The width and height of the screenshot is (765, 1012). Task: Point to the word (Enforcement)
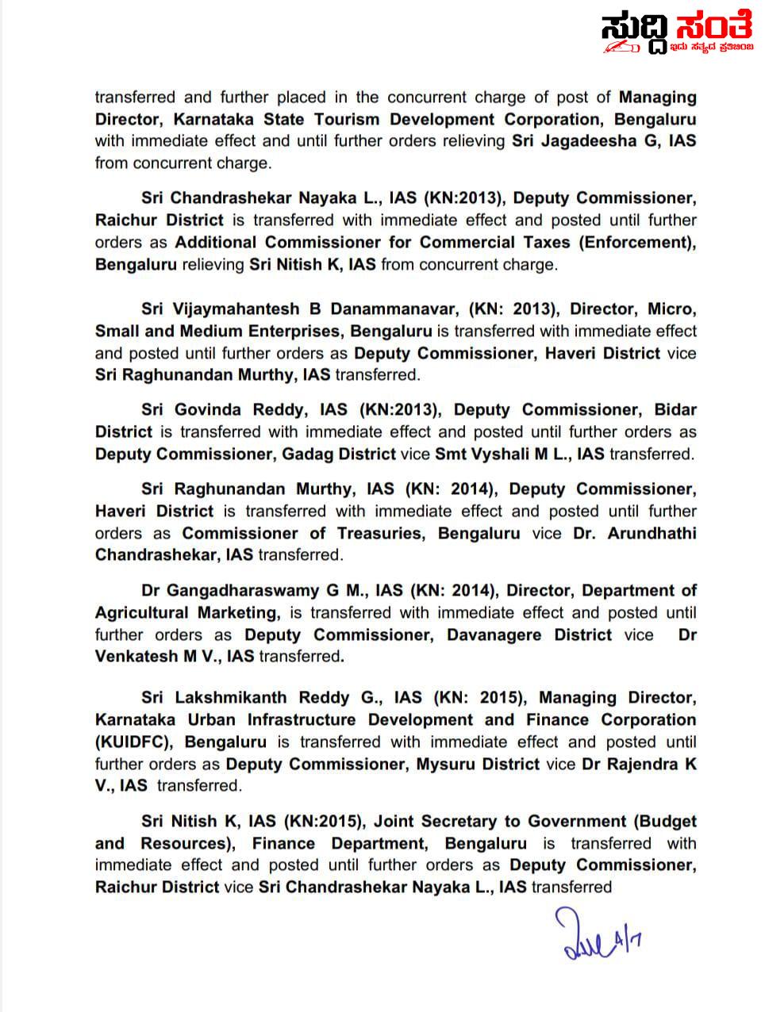tap(640, 243)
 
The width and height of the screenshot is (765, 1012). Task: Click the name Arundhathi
tap(652, 534)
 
